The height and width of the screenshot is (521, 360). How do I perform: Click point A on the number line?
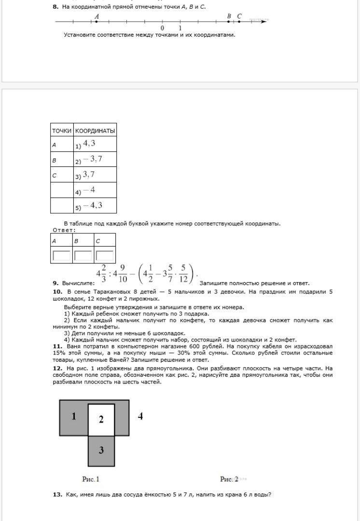(x=97, y=22)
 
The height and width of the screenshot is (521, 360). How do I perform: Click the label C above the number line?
(x=239, y=16)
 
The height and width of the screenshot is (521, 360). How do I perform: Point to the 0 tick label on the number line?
(x=162, y=28)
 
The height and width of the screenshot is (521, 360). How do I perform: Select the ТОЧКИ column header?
(x=62, y=131)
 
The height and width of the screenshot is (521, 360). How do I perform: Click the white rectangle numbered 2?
(x=101, y=419)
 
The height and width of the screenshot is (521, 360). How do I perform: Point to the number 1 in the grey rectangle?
(x=74, y=416)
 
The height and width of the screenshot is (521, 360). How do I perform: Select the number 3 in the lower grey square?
(x=101, y=451)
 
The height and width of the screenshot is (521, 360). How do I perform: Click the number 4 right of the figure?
(x=140, y=416)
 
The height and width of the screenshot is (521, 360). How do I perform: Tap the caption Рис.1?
(x=91, y=479)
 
